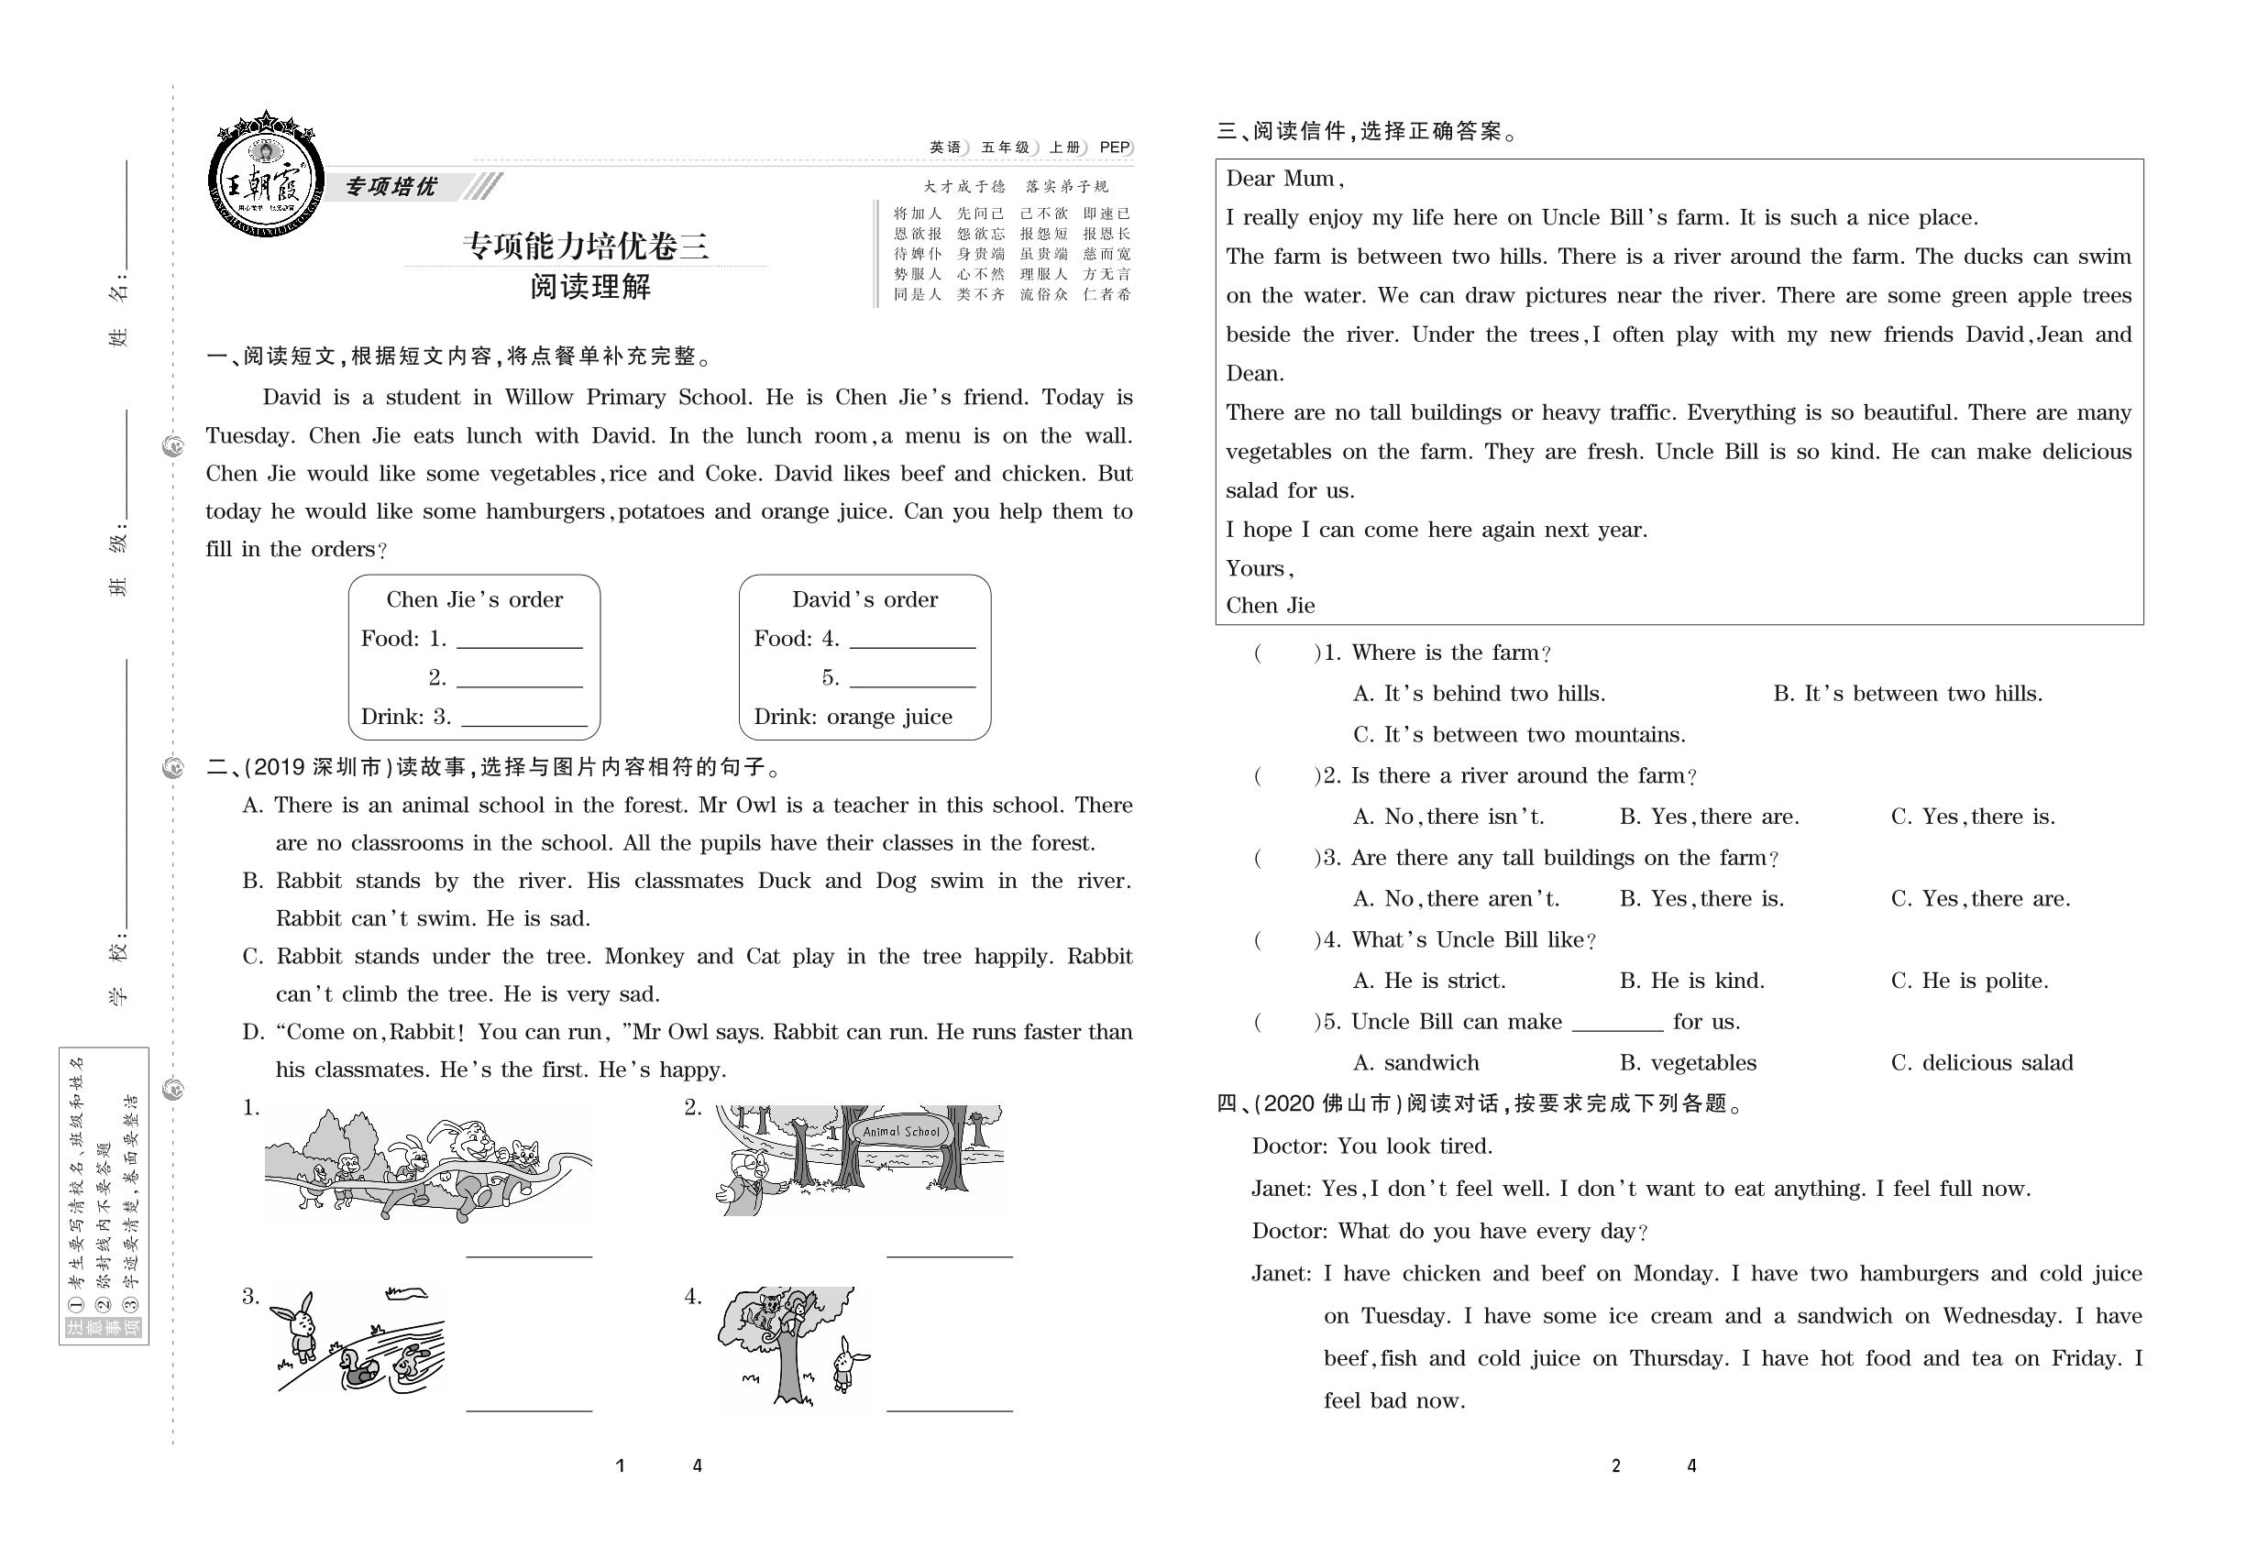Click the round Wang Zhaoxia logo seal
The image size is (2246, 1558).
[x=265, y=181]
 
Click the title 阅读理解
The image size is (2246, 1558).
[x=589, y=287]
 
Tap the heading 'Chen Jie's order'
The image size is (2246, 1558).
[x=475, y=599]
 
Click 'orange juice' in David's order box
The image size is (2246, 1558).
[x=888, y=717]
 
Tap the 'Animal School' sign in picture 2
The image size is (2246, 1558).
[x=900, y=1132]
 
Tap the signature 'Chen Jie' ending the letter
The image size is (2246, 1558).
[x=1271, y=605]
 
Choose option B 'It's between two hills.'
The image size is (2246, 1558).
[x=1907, y=694]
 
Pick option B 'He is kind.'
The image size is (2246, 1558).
[x=1691, y=981]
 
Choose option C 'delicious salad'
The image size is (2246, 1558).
[x=1981, y=1063]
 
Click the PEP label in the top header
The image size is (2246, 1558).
[x=1114, y=148]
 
